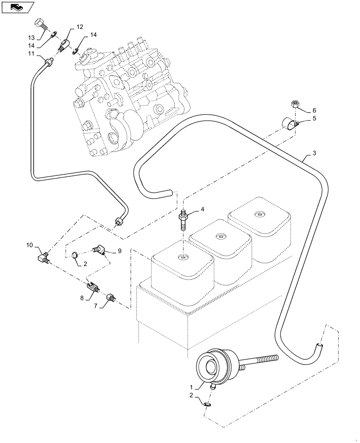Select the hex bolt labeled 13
(x=39, y=23)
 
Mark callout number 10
(x=29, y=245)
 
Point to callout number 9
(x=119, y=251)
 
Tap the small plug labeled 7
(x=111, y=297)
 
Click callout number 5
(x=313, y=119)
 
